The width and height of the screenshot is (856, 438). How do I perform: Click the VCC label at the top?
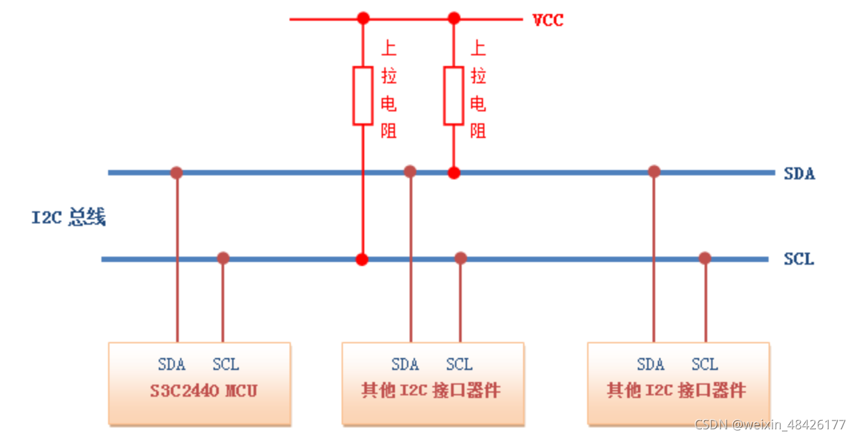[x=547, y=20]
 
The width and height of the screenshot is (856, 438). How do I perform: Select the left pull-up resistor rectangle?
[x=363, y=95]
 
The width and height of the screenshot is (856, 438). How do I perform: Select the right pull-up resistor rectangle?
[x=454, y=95]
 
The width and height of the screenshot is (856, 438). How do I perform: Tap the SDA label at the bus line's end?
[x=799, y=174]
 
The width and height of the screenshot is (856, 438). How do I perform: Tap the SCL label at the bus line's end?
[x=799, y=259]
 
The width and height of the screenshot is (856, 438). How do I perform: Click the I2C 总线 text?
[x=69, y=217]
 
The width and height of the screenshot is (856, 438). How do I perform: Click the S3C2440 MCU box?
[x=199, y=384]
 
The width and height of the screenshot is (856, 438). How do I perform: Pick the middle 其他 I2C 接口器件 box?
[x=432, y=384]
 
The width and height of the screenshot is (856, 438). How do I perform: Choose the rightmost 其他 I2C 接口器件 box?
[x=678, y=384]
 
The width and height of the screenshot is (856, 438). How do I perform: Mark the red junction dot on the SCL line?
[x=362, y=259]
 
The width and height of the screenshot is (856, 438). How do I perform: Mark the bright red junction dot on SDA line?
[x=454, y=173]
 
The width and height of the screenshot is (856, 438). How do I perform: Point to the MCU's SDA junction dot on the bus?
[x=176, y=173]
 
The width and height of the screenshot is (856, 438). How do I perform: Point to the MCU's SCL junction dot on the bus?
[x=223, y=258]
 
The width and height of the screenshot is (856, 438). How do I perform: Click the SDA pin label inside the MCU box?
[x=171, y=365]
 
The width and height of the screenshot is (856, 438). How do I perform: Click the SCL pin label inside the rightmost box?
[x=705, y=365]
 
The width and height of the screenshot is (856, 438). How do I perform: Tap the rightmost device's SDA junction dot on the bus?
[x=654, y=171]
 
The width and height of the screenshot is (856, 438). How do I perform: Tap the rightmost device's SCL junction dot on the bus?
[x=705, y=258]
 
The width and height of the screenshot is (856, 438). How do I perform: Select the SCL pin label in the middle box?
[x=459, y=365]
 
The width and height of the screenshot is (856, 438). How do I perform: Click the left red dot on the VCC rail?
[x=363, y=18]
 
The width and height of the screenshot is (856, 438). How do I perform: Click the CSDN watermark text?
[x=770, y=425]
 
